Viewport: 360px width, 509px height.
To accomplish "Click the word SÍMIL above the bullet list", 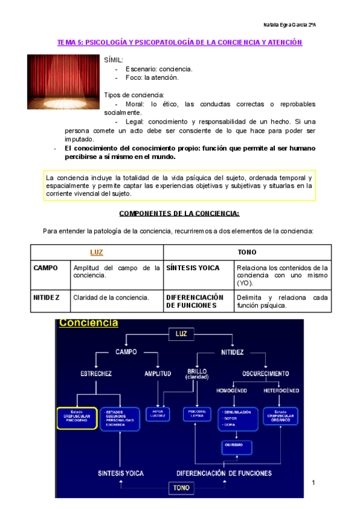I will point(114,61).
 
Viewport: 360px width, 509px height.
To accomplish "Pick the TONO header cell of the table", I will point(247,253).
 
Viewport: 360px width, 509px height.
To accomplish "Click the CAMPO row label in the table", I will point(46,268).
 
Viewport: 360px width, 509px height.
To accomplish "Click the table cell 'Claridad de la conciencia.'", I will point(111,297).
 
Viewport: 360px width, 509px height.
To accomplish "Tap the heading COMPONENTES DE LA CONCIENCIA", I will point(180,214).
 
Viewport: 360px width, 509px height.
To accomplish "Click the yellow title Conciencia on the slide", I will point(88,324).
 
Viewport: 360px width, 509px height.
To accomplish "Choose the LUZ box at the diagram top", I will point(181,333).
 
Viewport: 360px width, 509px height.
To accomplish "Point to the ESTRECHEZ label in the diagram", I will point(96,374).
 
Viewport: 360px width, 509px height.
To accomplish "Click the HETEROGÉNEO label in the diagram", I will point(281,390).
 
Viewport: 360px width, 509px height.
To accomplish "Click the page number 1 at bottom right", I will point(313,483).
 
